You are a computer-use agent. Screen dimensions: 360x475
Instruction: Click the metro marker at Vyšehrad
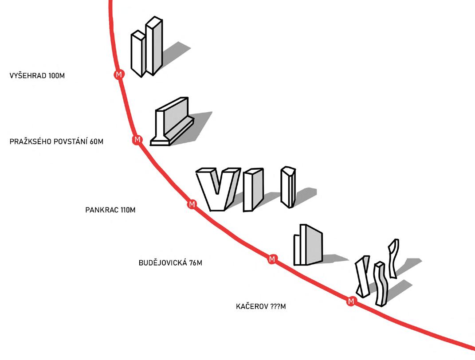tap(118, 74)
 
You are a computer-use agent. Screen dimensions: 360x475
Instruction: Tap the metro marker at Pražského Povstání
tap(137, 140)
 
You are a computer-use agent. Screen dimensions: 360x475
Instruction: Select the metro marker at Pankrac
tap(192, 204)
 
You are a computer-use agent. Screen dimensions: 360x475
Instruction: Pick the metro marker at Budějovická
tap(272, 259)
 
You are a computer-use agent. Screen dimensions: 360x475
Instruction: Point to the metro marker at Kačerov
tap(351, 301)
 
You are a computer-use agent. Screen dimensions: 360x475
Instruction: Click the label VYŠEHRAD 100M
tap(37, 76)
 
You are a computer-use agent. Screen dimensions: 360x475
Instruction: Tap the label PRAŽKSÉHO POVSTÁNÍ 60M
tap(56, 142)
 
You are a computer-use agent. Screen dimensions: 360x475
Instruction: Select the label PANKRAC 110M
tap(110, 210)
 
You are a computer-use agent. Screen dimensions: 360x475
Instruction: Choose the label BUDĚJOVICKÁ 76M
tap(170, 262)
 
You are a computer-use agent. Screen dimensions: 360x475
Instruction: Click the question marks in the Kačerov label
tap(275, 306)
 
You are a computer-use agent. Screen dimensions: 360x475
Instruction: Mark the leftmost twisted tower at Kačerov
tap(363, 277)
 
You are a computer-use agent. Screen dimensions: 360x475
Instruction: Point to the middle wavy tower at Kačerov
tap(380, 284)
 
